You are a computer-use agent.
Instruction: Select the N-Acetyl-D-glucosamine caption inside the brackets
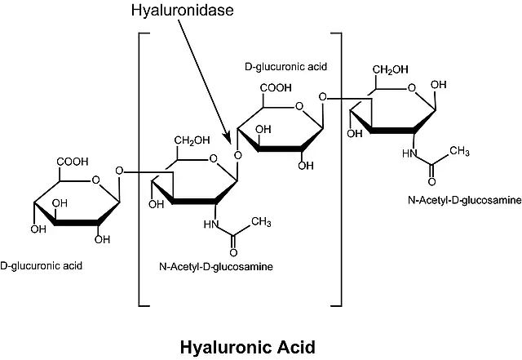(x=217, y=266)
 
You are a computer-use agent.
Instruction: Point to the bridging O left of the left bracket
(x=120, y=171)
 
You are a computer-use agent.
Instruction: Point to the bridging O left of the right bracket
(x=324, y=99)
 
